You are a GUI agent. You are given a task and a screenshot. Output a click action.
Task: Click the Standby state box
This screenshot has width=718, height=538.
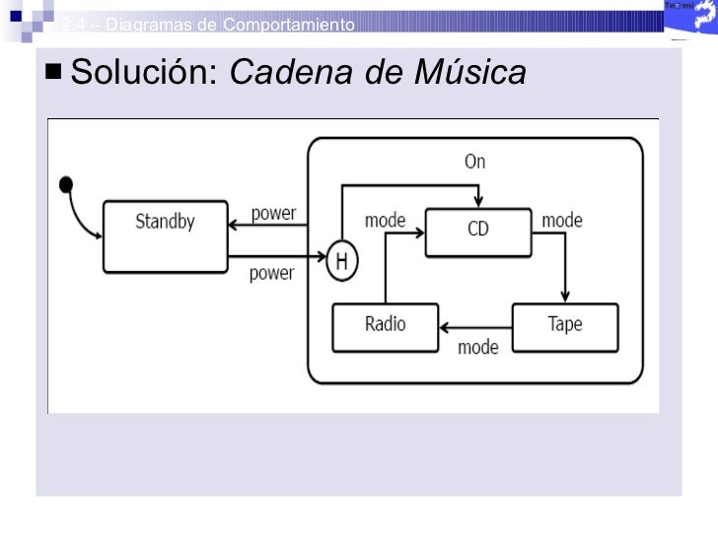(x=165, y=236)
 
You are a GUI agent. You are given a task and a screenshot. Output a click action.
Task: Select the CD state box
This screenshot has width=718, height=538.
(x=477, y=232)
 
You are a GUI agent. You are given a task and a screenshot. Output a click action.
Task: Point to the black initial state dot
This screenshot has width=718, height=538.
(x=66, y=183)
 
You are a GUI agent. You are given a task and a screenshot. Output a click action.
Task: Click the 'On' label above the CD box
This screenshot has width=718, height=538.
(x=474, y=162)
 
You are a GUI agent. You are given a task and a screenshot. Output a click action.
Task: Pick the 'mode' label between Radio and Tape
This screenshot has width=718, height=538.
(x=477, y=347)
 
